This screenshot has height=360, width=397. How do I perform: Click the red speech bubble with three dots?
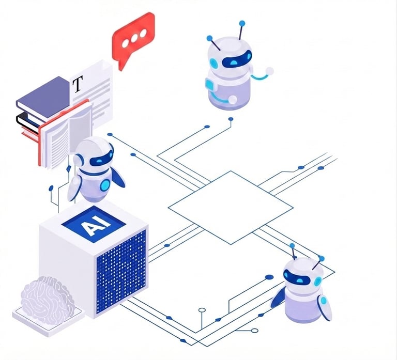pos(133,37)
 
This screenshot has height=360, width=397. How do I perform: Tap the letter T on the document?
pos(78,84)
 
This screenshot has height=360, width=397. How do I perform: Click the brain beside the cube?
pos(48,298)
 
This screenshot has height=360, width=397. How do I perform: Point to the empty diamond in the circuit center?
pos(230,207)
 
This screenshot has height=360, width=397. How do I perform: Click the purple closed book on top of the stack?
pos(43,96)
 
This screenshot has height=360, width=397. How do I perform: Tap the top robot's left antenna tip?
pos(209,38)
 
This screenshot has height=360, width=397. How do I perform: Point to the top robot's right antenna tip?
pos(241,23)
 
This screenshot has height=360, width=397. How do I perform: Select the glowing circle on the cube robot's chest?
pos(105,184)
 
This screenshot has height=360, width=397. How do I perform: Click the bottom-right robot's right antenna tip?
pos(321,258)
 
